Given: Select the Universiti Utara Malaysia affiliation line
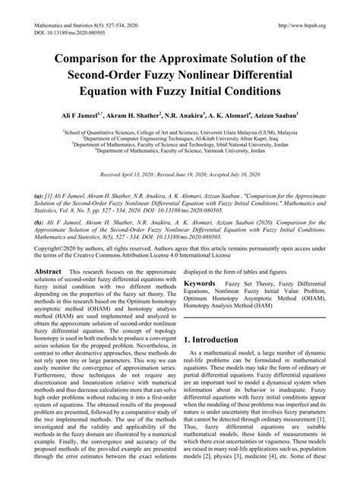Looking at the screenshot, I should click(180, 131).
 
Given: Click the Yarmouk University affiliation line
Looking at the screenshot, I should click(180, 151).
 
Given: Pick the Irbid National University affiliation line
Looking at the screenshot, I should click(180, 144).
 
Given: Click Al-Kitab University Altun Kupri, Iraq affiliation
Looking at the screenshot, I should click(180, 137).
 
